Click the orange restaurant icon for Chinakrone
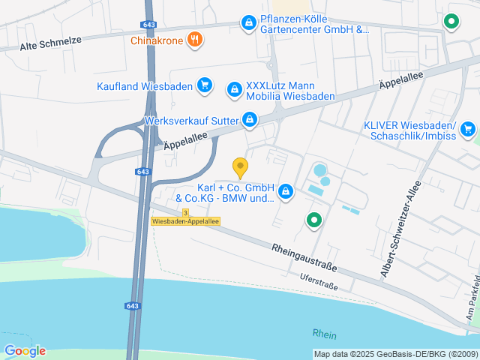pyautogui.click(x=195, y=40)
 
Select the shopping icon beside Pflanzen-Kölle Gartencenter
pyautogui.click(x=247, y=24)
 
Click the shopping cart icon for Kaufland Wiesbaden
pyautogui.click(x=204, y=85)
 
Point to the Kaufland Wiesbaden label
pyautogui.click(x=144, y=86)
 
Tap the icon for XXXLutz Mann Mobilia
pyautogui.click(x=234, y=90)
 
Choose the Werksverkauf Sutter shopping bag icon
pyautogui.click(x=250, y=119)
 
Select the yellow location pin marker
pyautogui.click(x=240, y=168)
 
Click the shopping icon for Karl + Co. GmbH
pyautogui.click(x=285, y=193)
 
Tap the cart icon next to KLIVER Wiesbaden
pyautogui.click(x=468, y=129)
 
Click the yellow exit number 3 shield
pyautogui.click(x=164, y=212)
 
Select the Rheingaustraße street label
pyautogui.click(x=304, y=257)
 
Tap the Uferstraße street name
pyautogui.click(x=319, y=282)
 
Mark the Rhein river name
pyautogui.click(x=325, y=334)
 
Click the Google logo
pyautogui.click(x=25, y=350)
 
